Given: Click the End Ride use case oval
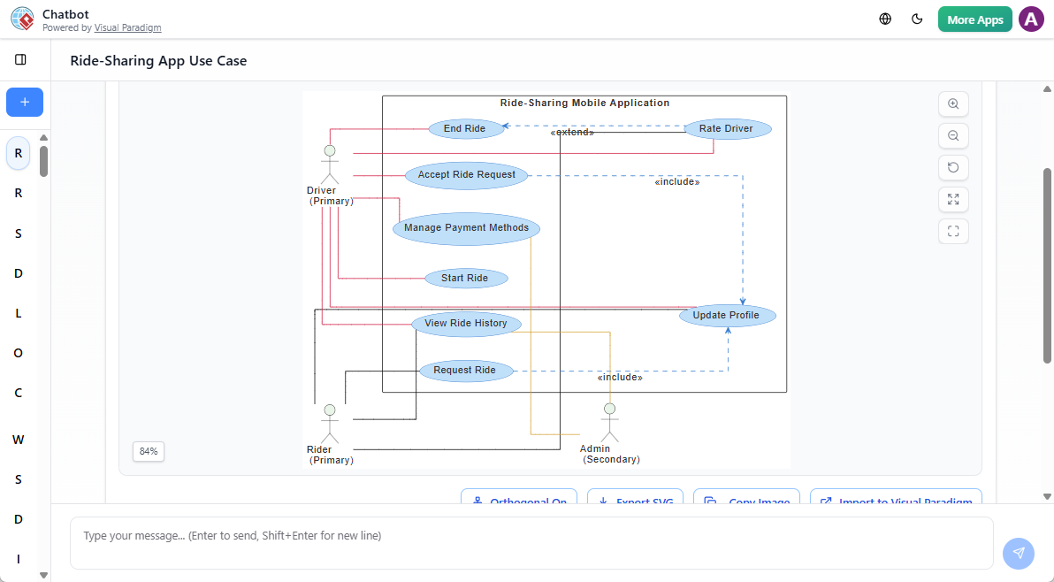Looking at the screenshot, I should tap(465, 129).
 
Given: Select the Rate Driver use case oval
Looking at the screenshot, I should tap(727, 129).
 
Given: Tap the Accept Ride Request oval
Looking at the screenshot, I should tap(467, 175).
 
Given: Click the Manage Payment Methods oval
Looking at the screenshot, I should tap(466, 228).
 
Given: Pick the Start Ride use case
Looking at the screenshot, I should tap(465, 279).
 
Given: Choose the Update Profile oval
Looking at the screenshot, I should tap(727, 316).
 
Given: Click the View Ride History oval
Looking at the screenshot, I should tap(466, 324).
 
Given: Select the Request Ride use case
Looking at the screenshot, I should tap(465, 371).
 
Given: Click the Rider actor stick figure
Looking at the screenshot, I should tap(330, 424).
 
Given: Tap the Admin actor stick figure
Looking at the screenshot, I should tap(608, 423).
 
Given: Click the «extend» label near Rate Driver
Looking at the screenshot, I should tap(572, 133).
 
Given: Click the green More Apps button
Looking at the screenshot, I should tap(974, 19).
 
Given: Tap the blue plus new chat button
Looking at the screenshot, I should tap(25, 103).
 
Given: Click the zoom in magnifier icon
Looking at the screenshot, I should tap(953, 103).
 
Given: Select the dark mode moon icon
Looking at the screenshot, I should tap(917, 19).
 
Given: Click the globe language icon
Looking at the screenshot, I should tap(885, 19).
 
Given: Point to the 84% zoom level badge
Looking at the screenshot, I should tap(149, 452).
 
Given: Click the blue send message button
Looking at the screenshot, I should tap(1018, 553).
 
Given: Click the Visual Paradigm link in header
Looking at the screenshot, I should tap(128, 28).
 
